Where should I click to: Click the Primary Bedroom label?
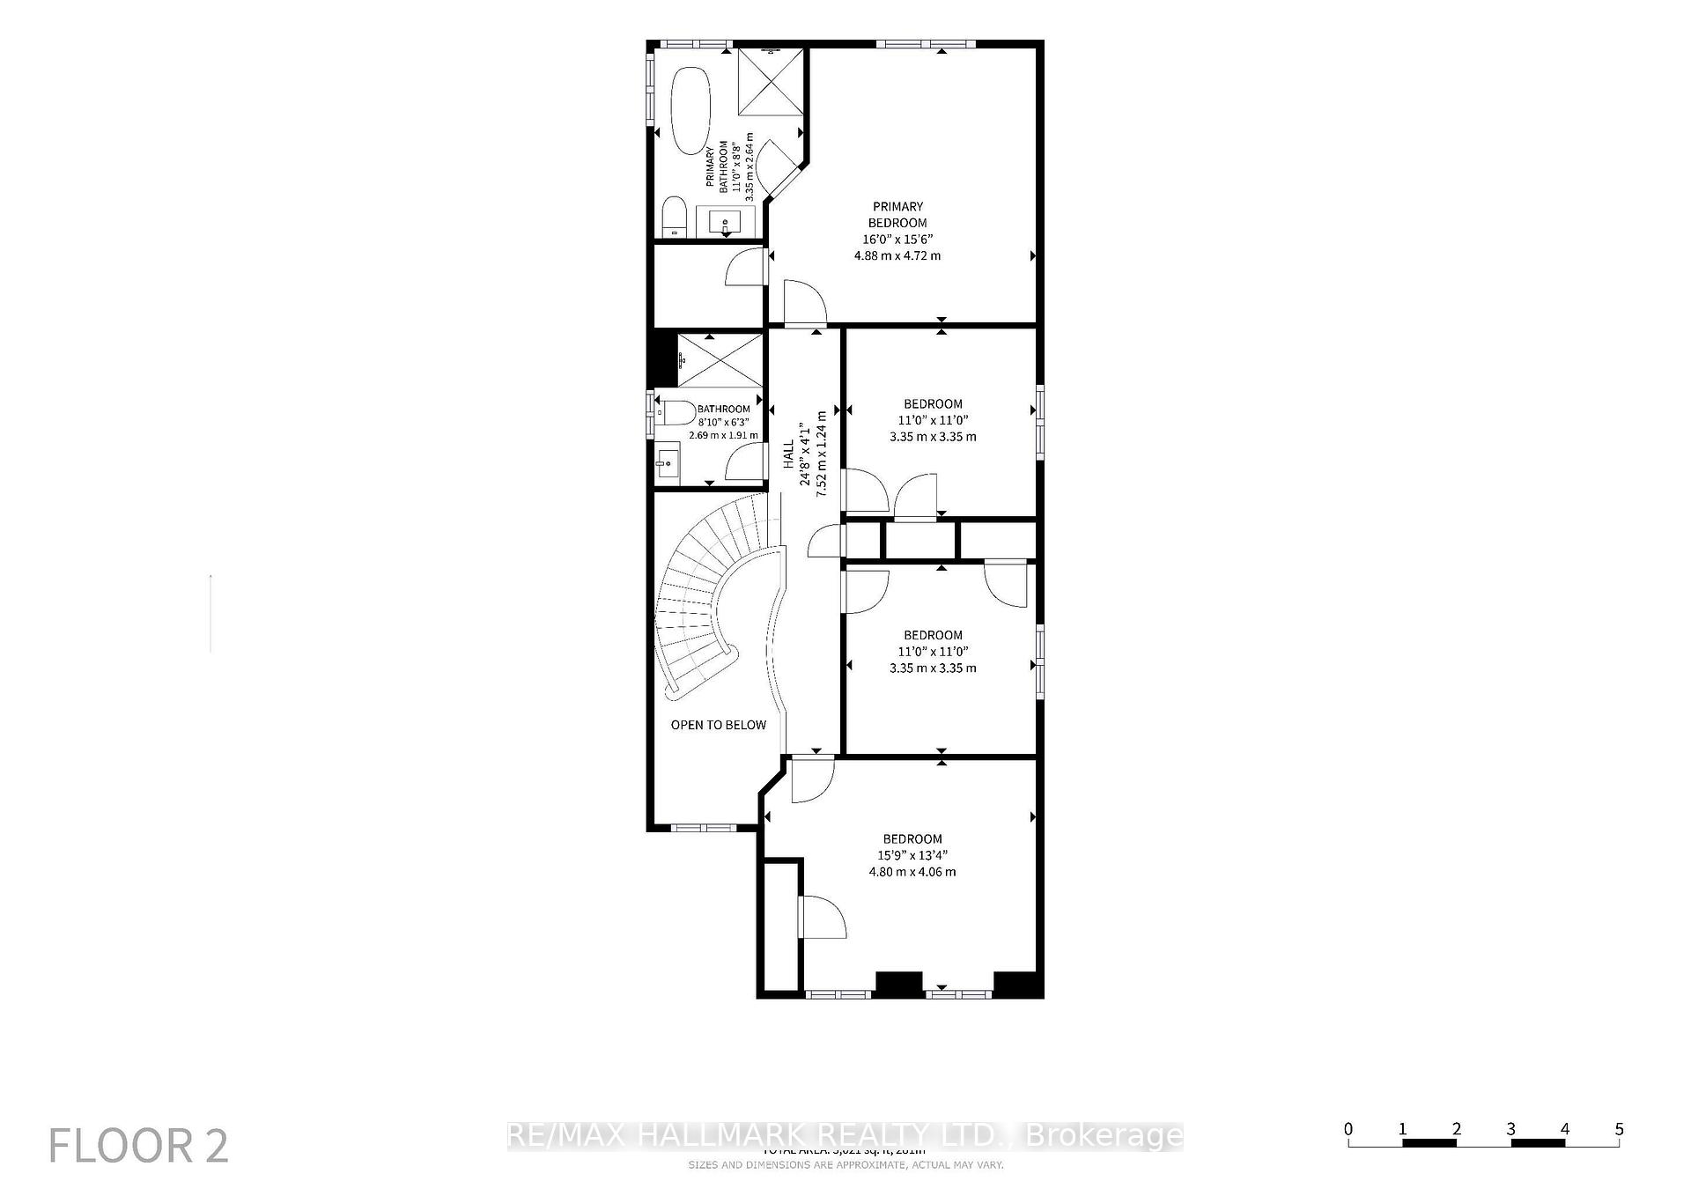(897, 215)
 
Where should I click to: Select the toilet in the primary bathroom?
(674, 217)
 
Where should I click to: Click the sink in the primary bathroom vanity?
(726, 220)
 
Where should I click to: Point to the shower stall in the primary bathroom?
(770, 81)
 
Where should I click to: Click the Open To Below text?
(718, 725)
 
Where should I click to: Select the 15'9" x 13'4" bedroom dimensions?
(912, 863)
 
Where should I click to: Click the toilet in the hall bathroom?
(676, 412)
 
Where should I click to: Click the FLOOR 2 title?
(138, 1147)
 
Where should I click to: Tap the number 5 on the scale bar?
(1619, 1129)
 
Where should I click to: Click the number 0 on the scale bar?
(1348, 1129)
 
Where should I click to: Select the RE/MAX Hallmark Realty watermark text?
(845, 1135)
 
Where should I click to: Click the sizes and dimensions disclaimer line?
(845, 1164)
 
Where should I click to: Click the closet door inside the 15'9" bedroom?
(822, 918)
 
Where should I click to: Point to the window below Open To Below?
(703, 827)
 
